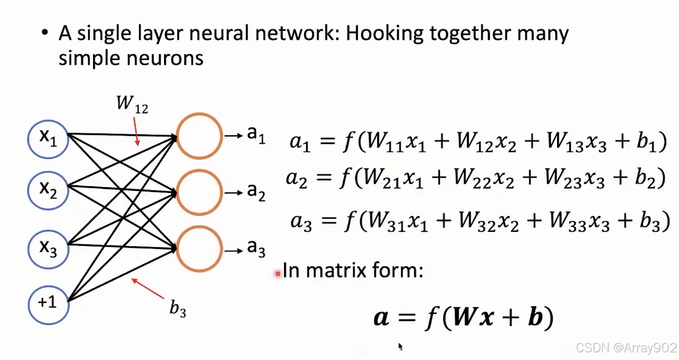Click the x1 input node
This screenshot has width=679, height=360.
point(48,139)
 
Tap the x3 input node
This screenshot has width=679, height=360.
point(48,248)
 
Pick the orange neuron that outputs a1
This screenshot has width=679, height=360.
point(199,136)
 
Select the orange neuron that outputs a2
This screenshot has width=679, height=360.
point(199,192)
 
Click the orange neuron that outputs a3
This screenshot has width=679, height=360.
point(199,249)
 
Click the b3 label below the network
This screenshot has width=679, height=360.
point(178,309)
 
